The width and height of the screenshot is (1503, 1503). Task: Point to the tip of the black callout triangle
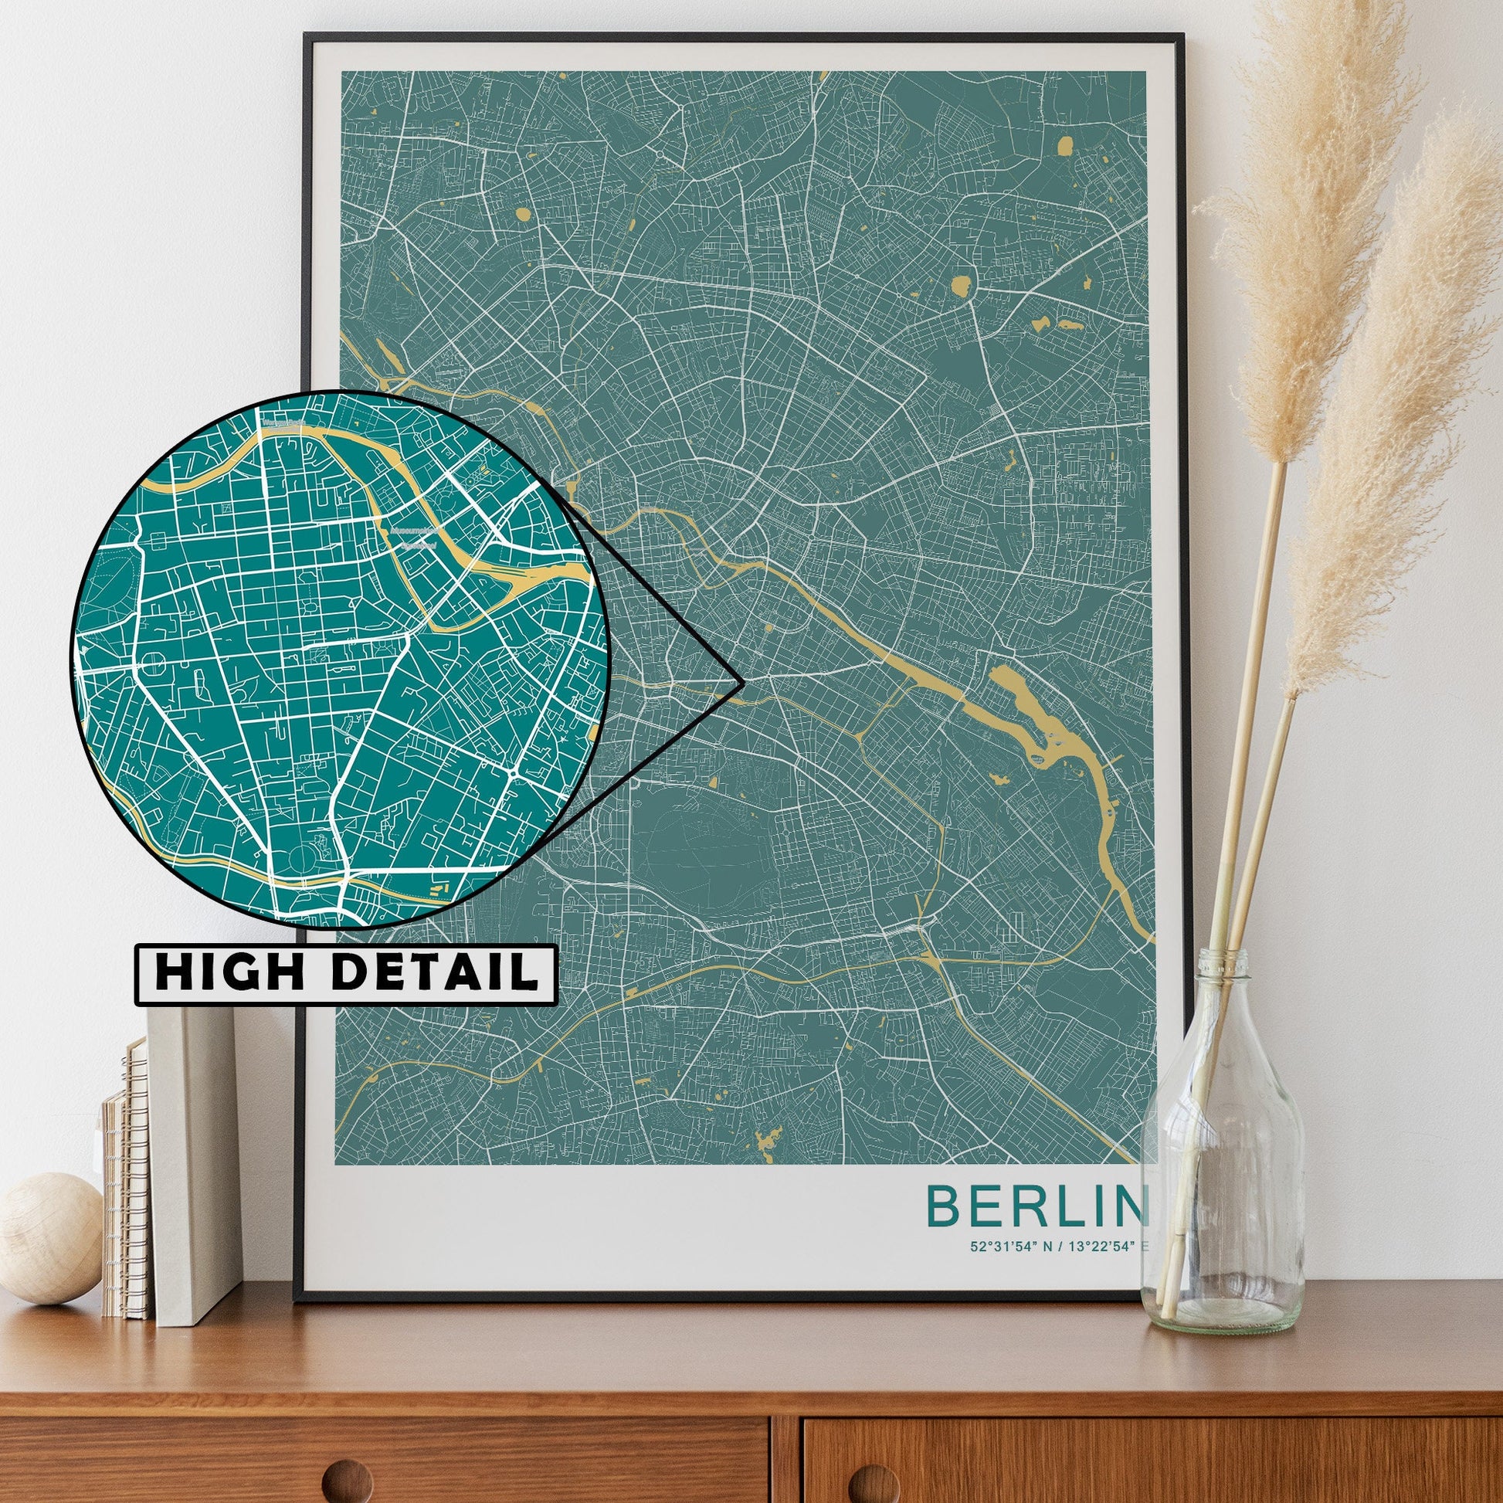pos(742,683)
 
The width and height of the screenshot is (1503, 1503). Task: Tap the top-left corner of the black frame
pos(307,36)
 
